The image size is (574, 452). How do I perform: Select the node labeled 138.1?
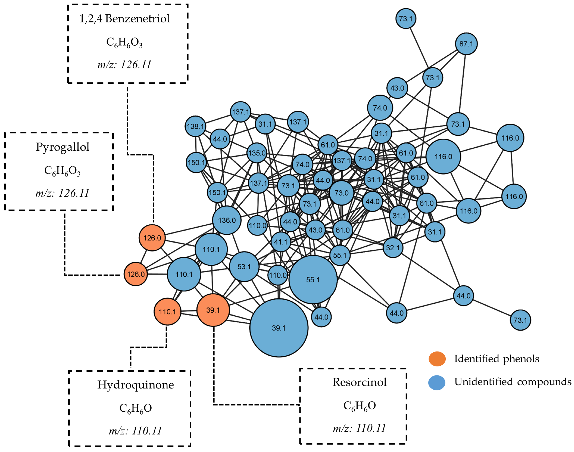click(195, 126)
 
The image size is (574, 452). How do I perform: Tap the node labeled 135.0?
click(257, 153)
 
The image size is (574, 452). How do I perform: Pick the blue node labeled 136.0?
click(227, 220)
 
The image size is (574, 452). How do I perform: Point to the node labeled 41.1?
click(281, 242)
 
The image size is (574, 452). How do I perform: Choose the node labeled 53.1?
click(244, 266)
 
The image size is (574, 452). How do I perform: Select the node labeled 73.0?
click(341, 193)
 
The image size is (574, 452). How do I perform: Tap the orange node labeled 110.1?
click(167, 311)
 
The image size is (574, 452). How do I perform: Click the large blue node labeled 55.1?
click(313, 280)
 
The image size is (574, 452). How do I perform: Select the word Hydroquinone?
click(136, 385)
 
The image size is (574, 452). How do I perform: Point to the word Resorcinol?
click(359, 382)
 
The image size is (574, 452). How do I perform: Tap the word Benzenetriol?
click(137, 18)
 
